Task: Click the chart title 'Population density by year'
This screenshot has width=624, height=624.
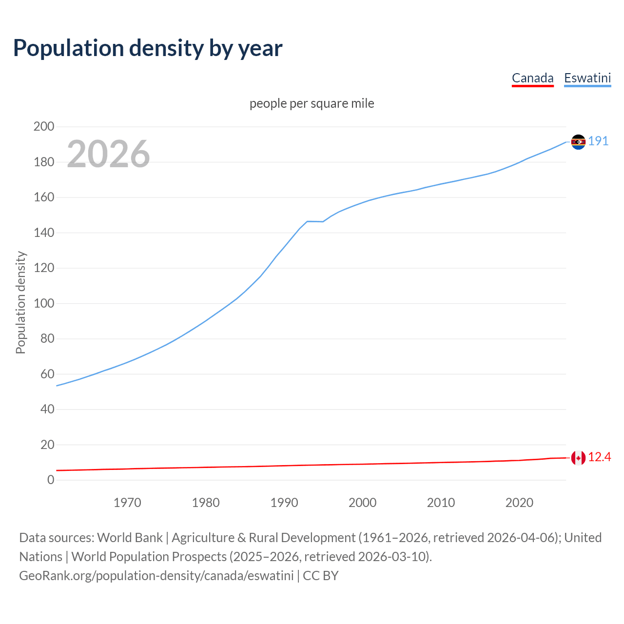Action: point(148,48)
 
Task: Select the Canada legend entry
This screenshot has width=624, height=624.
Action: point(532,78)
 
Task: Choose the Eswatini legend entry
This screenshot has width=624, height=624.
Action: point(587,78)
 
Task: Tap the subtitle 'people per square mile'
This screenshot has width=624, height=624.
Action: point(312,104)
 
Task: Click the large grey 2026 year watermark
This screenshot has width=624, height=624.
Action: point(108,154)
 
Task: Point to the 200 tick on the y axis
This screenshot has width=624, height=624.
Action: point(44,127)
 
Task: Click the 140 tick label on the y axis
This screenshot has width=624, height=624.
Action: point(44,233)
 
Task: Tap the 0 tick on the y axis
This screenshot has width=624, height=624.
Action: point(51,480)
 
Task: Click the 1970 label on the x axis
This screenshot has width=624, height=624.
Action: point(127,503)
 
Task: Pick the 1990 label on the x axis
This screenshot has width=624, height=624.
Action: point(284,503)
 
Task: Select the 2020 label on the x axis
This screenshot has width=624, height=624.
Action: point(519,503)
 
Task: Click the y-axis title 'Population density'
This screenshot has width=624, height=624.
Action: point(20,302)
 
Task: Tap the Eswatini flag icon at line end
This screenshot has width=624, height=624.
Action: point(578,142)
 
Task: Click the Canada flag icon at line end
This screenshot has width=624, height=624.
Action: point(578,458)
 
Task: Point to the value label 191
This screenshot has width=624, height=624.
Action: point(598,141)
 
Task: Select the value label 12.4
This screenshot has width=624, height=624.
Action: point(599,457)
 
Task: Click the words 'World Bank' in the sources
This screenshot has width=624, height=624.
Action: point(130,538)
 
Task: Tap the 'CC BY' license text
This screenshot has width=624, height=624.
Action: point(321,576)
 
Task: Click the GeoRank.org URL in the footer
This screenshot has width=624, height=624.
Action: point(156,576)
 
